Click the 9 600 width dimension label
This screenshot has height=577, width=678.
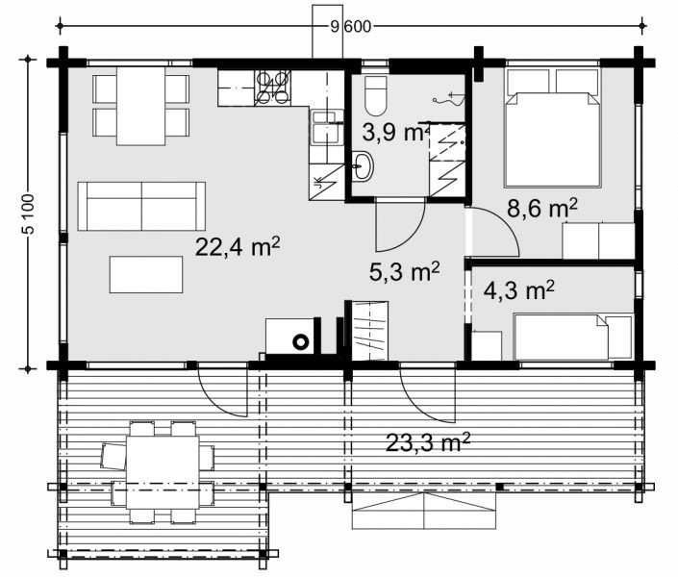[351, 27]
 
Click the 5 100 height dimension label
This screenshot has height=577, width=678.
[28, 213]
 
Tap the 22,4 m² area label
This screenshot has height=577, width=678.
[238, 247]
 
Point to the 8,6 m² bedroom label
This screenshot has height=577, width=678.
[542, 209]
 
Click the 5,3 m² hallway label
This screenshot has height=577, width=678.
[405, 271]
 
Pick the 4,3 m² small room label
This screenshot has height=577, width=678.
[519, 289]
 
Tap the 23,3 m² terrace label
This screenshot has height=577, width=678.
[427, 442]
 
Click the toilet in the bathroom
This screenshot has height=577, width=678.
[375, 96]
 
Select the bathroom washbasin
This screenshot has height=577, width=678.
[363, 166]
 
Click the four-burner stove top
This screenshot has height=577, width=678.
[273, 88]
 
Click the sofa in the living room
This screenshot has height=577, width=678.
[141, 206]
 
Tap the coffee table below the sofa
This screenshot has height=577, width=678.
[146, 274]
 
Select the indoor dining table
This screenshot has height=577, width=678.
[141, 106]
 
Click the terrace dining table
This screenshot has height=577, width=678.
[163, 472]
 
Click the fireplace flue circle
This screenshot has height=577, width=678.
[300, 341]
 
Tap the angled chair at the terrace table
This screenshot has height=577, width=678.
[113, 457]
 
